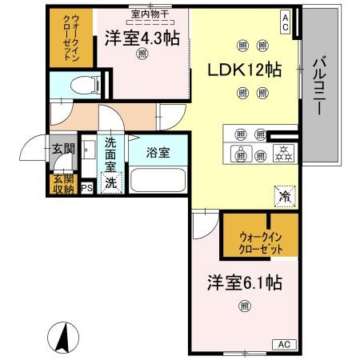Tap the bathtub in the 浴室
pos(157,178)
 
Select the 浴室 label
pos(158,152)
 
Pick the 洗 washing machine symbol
pos(113,182)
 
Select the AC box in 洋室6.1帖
pos(283,344)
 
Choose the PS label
pos(87,189)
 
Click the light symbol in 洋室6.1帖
pos(244,304)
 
